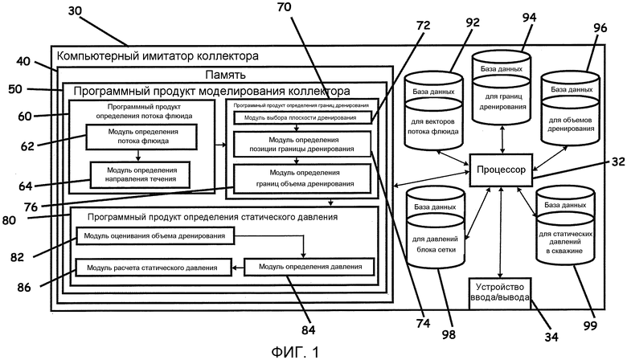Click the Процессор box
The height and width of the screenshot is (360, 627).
pos(501,171)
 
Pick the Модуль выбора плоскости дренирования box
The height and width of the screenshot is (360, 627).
pos(302,118)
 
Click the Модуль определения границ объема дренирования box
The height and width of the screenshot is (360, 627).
pos(302,178)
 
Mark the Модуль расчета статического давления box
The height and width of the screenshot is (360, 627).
pos(153,266)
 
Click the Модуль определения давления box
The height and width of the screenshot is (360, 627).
pos(309,266)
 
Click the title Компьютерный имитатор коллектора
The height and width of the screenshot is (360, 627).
pos(158,56)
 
